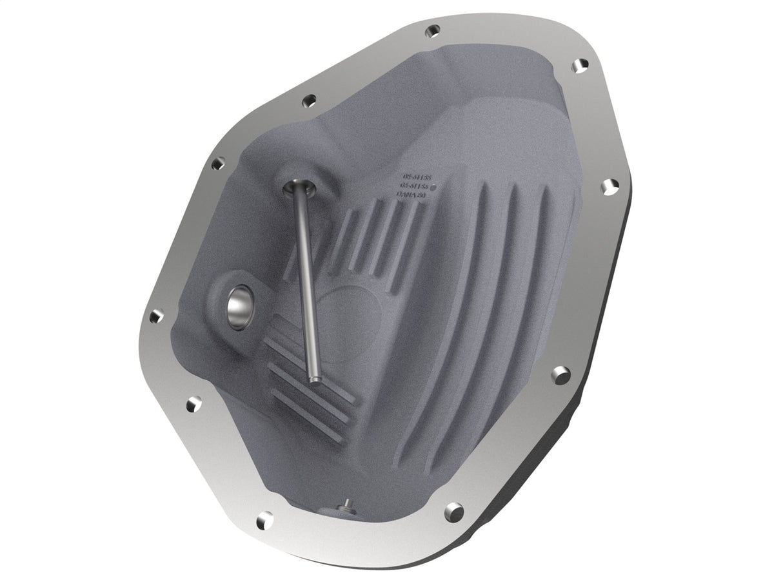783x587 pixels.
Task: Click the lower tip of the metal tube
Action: point(315,378)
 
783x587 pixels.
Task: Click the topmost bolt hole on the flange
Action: point(433,30)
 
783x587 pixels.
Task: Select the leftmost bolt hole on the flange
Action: point(155,316)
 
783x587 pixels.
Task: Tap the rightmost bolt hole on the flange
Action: point(608,186)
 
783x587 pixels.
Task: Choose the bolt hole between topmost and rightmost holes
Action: point(580,64)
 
